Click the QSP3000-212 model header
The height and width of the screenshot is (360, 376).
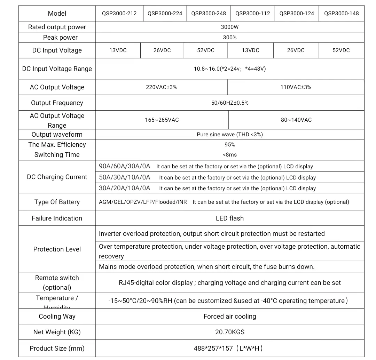[x=119, y=14]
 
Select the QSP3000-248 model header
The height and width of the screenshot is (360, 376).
[x=209, y=14]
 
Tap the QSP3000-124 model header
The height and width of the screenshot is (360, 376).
[x=297, y=14]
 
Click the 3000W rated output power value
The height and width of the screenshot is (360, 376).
[x=230, y=27]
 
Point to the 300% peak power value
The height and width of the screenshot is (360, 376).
[x=230, y=38]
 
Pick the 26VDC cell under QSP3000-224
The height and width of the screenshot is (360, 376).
[x=162, y=50]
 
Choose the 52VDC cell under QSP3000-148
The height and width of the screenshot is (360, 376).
[x=341, y=50]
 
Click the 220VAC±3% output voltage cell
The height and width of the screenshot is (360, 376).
[x=161, y=87]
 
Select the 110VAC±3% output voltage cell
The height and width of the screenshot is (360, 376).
[x=296, y=87]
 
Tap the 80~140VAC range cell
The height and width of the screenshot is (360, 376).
[x=296, y=120]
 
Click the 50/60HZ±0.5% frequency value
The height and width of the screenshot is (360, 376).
[x=230, y=103]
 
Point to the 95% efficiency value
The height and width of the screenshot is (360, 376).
[x=230, y=145]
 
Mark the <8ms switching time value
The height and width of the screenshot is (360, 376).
[x=230, y=155]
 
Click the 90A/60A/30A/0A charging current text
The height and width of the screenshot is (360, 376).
[x=125, y=166]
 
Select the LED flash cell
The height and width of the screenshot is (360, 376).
[x=230, y=218]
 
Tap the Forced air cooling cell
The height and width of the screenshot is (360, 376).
[x=230, y=317]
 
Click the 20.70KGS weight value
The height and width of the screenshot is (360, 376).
[x=230, y=332]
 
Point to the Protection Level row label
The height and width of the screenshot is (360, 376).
[x=57, y=249]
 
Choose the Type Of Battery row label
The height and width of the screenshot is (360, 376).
[x=57, y=202]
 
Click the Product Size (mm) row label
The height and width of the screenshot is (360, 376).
[x=57, y=349]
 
